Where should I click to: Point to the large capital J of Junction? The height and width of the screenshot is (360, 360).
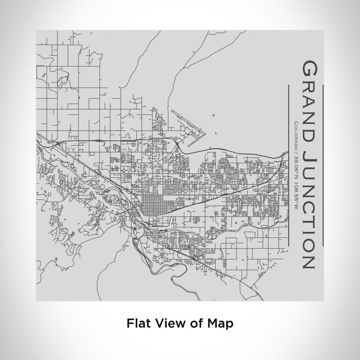[309, 152]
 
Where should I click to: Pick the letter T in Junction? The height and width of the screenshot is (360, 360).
[309, 216]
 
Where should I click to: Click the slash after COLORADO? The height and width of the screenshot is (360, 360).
[296, 149]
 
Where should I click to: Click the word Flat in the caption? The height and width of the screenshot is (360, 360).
[137, 323]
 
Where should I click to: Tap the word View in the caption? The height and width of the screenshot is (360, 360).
[168, 323]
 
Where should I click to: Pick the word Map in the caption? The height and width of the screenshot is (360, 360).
[220, 323]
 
